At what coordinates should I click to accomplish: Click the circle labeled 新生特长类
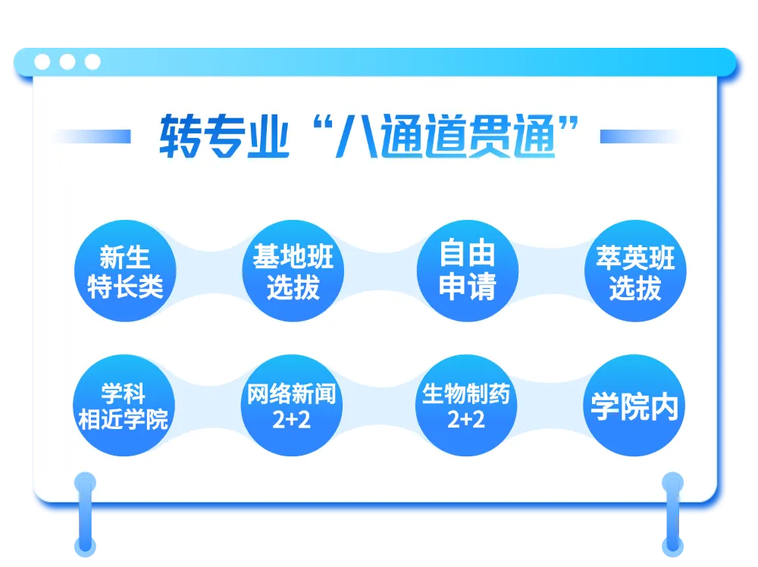(x=125, y=271)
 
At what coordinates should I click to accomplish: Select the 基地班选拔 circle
(x=293, y=271)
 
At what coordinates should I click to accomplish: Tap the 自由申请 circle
(x=468, y=271)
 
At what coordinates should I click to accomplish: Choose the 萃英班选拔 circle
(x=635, y=271)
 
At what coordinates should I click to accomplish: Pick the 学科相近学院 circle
(x=124, y=406)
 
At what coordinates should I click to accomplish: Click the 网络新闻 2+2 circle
(x=292, y=406)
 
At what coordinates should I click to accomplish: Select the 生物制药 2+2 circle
(x=466, y=406)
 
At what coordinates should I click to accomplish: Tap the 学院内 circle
(x=634, y=406)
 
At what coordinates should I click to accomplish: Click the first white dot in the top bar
(x=42, y=62)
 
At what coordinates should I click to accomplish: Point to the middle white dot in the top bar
(x=67, y=62)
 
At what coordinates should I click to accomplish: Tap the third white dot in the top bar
(x=92, y=62)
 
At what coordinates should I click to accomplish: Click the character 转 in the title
(x=180, y=136)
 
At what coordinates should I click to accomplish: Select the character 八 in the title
(x=357, y=136)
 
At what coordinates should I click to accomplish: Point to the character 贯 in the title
(x=489, y=136)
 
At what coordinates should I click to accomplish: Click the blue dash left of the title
(x=92, y=136)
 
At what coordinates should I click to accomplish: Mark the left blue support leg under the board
(x=85, y=514)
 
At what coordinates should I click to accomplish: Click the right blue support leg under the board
(x=672, y=514)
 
